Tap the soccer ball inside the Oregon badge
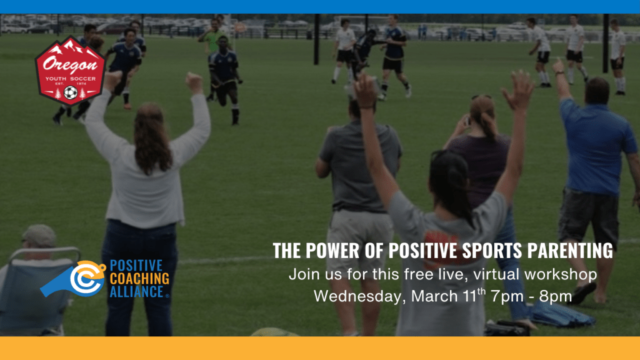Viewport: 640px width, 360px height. coord(71,92)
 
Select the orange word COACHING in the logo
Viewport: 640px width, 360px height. coord(139,279)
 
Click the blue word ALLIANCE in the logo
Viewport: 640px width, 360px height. coord(137,292)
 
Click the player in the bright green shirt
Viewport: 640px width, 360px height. coord(212,39)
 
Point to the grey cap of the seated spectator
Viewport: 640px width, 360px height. coord(39,236)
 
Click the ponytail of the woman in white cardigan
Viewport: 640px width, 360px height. coord(152,141)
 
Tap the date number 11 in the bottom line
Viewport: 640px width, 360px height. coord(470,297)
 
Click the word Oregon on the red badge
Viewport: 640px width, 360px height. coord(70,64)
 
